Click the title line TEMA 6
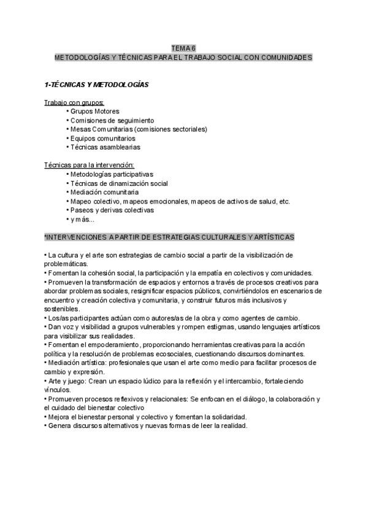coord(183,48)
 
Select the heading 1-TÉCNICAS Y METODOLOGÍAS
coord(96,84)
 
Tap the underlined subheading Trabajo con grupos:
coord(74,102)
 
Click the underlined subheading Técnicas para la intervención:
coord(90,165)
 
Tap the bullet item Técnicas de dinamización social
coord(119,183)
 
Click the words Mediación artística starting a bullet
coord(71,362)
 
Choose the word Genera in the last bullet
coord(58,426)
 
